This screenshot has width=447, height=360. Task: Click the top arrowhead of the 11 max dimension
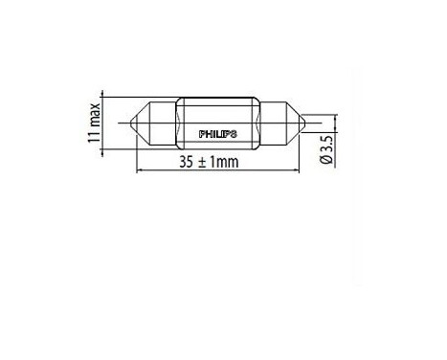[x=104, y=99]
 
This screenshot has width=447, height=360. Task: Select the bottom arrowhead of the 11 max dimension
[x=104, y=148]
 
